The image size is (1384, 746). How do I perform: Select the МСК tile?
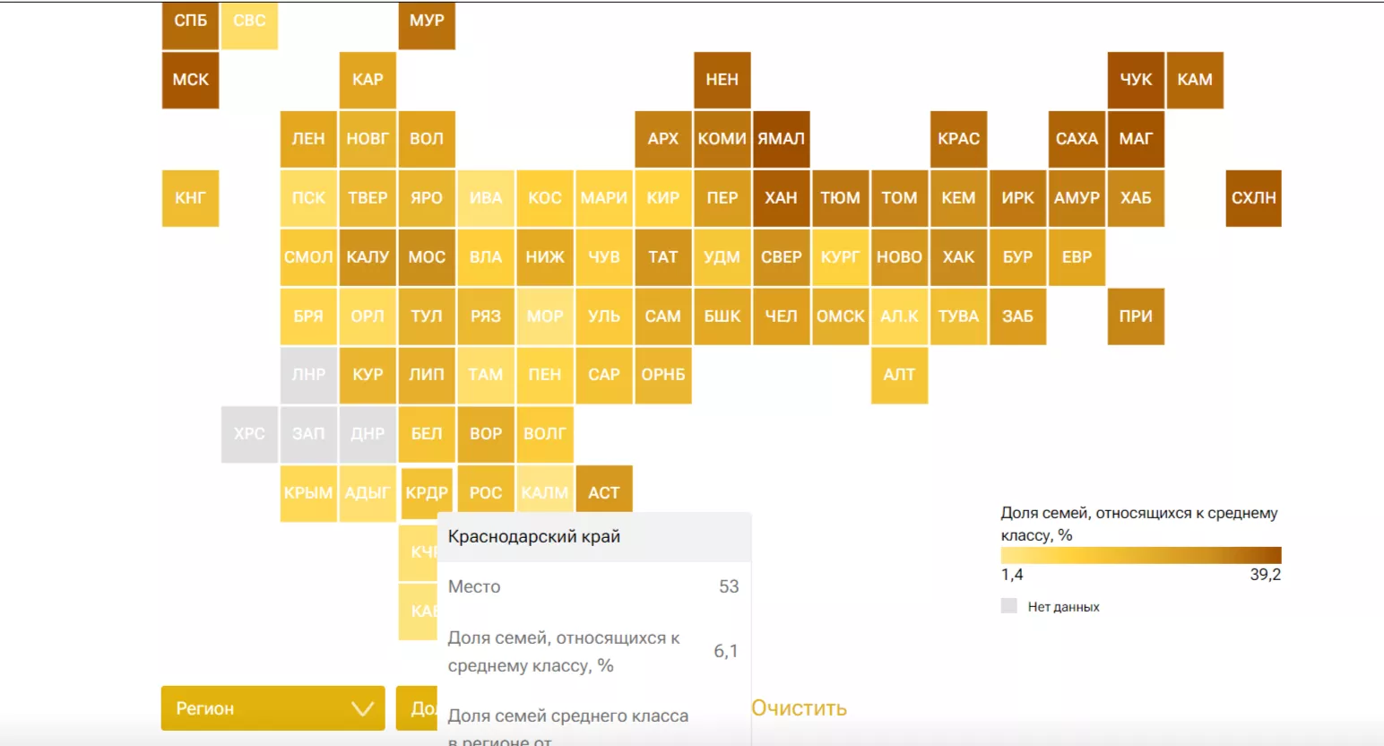190,80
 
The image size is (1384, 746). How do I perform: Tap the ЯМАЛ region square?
781,139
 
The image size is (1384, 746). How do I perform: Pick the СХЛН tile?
1253,198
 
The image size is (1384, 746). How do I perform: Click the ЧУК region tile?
1136,80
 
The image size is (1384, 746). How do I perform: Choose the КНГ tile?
190,198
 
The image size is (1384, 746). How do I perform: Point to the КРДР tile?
426,492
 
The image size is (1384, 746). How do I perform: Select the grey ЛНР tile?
308,375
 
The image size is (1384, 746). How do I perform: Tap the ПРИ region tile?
1136,317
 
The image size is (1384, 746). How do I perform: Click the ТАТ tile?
662,257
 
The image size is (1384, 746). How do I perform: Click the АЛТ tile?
899,375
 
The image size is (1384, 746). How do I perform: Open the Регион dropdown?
272,708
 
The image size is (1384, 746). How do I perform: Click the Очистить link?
799,708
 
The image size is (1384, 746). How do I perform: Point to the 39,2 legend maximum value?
1265,575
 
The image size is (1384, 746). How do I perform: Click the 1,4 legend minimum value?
1012,575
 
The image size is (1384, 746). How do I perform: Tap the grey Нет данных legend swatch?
1009,606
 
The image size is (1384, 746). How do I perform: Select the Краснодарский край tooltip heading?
534,536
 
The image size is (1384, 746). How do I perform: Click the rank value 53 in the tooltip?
729,586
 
